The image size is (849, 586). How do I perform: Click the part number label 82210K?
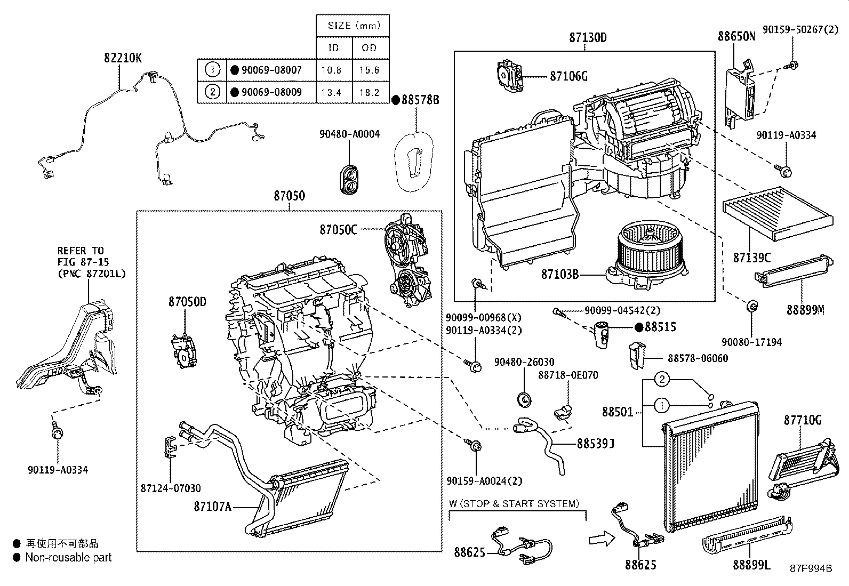(x=123, y=58)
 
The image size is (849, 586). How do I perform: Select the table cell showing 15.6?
(x=369, y=70)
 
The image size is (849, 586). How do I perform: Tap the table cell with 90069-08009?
(x=271, y=92)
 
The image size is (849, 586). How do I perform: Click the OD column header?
(x=369, y=47)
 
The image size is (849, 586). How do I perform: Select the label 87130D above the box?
(x=588, y=37)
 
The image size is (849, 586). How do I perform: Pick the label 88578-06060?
(x=698, y=358)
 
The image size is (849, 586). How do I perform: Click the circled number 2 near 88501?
(x=662, y=380)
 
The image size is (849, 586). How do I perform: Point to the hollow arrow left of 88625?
(x=602, y=539)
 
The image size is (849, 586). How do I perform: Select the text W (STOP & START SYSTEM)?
(x=514, y=503)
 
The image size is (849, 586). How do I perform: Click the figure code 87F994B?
(x=811, y=568)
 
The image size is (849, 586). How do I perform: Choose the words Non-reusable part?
(x=68, y=558)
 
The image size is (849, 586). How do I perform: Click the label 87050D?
(x=187, y=302)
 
